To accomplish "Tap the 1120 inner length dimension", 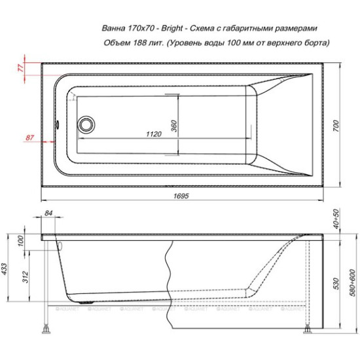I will (153, 134).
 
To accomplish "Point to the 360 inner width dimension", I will (174, 126).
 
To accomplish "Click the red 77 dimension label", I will (20, 67).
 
